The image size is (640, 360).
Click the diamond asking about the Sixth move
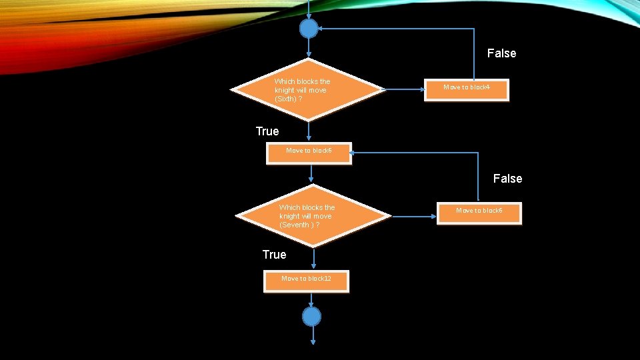[308, 89]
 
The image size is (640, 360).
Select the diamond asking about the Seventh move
[313, 215]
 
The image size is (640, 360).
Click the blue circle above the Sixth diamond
[309, 29]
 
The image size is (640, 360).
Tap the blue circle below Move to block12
[311, 316]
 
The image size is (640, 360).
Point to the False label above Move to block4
[501, 53]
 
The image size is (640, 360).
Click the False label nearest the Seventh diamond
[507, 179]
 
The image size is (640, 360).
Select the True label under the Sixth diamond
[267, 131]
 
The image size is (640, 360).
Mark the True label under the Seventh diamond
[274, 255]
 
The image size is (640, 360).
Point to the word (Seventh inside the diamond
[295, 225]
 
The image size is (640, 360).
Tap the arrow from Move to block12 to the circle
[311, 299]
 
